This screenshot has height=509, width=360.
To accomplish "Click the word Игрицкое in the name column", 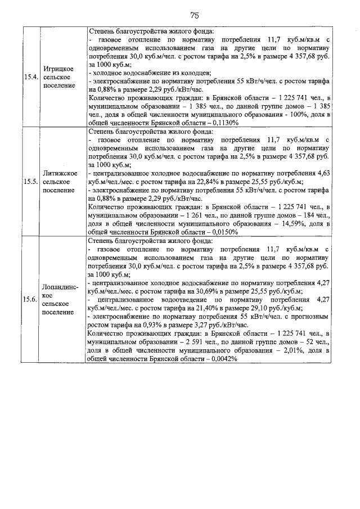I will tap(59, 68).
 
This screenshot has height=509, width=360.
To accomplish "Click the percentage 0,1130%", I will tap(220, 123).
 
